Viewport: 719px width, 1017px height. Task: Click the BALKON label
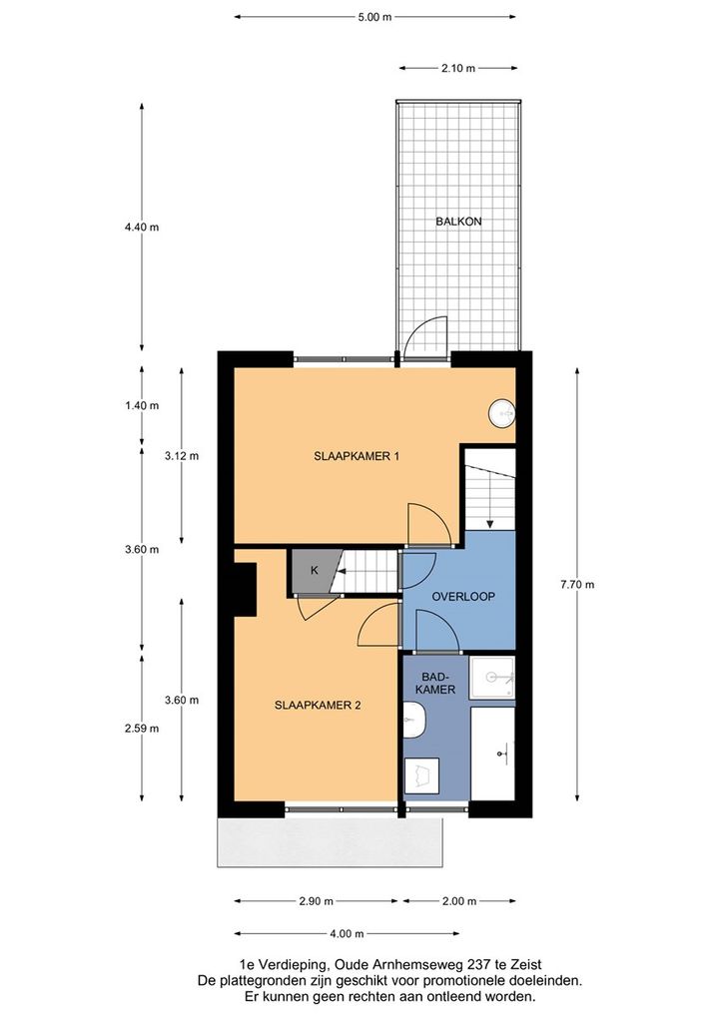458,222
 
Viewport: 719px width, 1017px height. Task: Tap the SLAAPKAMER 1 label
357,456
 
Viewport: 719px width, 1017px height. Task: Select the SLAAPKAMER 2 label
318,705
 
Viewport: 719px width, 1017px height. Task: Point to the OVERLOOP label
463,597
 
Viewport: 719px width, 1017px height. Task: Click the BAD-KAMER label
434,683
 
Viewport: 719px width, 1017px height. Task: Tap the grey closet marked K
315,571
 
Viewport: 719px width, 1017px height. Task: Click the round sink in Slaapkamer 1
502,412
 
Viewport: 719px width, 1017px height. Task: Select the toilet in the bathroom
413,722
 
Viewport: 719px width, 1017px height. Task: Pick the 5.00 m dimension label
375,17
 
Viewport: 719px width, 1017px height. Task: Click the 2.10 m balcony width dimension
458,68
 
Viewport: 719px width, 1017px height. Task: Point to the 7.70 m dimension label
577,585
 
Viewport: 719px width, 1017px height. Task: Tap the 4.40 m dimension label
142,227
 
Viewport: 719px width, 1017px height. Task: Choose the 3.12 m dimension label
182,455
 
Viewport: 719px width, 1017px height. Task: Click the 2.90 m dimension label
316,901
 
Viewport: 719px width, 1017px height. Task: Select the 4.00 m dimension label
347,933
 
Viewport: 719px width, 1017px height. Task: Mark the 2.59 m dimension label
142,728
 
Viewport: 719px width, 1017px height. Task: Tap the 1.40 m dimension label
142,405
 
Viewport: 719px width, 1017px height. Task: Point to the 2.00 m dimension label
459,901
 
